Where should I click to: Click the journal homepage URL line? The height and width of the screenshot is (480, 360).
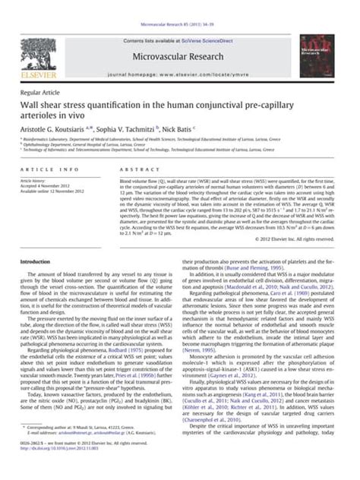point(179,55)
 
